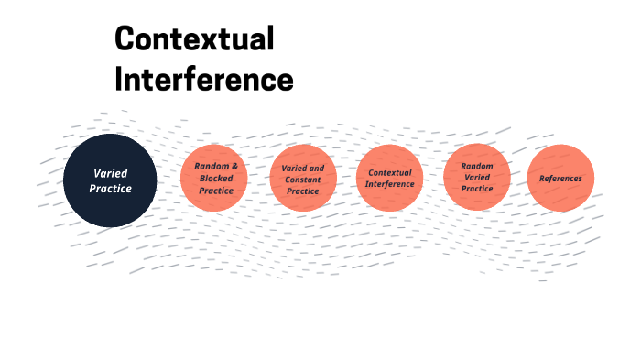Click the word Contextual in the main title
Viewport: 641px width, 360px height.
[194, 39]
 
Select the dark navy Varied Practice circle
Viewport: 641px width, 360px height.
[110, 180]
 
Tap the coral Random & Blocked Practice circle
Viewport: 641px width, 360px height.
[215, 178]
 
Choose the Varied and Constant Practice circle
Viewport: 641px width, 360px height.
[303, 179]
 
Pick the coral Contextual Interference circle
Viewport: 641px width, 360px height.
[389, 178]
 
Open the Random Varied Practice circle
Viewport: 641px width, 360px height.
[477, 177]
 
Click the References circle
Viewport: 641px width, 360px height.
[560, 178]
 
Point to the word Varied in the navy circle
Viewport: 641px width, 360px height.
[110, 173]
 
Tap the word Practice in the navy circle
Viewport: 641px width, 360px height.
[110, 189]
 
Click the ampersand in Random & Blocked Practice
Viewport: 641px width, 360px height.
[234, 166]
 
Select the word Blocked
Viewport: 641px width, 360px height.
[216, 178]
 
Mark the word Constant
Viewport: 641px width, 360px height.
[303, 180]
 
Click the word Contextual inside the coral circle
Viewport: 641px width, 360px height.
[390, 172]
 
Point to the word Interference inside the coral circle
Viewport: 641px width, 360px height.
[390, 184]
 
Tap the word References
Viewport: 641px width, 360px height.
[560, 178]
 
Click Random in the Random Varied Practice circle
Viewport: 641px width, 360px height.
[477, 166]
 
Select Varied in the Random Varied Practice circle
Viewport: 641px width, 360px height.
[477, 177]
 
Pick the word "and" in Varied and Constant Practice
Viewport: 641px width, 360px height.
[315, 169]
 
